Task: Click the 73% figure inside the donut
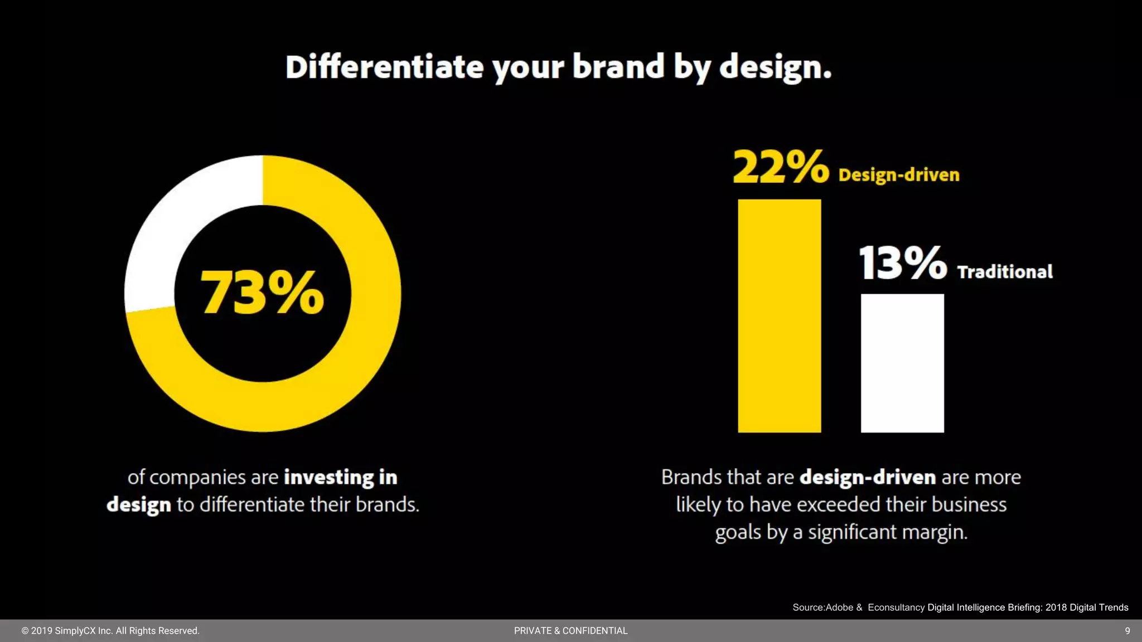click(262, 292)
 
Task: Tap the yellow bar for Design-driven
click(779, 315)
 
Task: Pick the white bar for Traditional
click(902, 363)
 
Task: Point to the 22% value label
click(781, 167)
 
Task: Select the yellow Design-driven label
click(899, 175)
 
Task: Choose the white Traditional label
click(1005, 272)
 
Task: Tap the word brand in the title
click(618, 67)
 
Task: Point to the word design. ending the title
click(775, 68)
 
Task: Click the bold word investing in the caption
click(329, 478)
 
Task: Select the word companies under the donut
click(197, 478)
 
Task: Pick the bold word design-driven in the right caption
click(868, 478)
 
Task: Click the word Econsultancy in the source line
click(896, 607)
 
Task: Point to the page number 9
click(1127, 631)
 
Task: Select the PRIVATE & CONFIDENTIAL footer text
click(570, 631)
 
